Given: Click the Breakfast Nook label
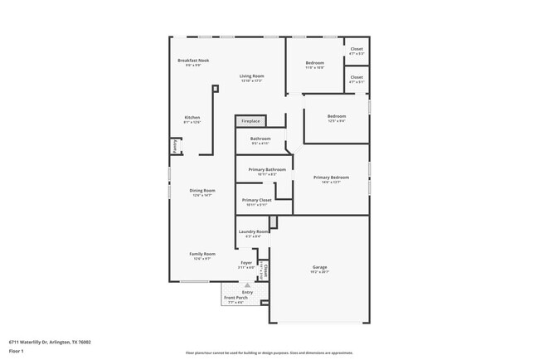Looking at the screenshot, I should [192, 61].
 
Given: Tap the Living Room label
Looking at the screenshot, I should [251, 76].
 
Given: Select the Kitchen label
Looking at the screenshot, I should [192, 117].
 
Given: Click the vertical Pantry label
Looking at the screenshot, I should [175, 146].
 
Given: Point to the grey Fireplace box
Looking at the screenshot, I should [251, 122].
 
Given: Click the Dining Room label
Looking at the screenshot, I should [202, 191].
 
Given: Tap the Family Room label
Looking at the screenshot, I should [202, 254].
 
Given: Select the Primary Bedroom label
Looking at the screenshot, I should [331, 178].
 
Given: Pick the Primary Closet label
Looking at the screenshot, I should [257, 200].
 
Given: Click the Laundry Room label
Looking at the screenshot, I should [252, 231].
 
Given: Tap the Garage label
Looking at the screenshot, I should [319, 267].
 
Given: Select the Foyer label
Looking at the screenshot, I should [246, 263].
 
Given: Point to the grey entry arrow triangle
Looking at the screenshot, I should [246, 284].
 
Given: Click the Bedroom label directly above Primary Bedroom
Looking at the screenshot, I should [336, 115].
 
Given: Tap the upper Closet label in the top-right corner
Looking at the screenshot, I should [357, 49].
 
